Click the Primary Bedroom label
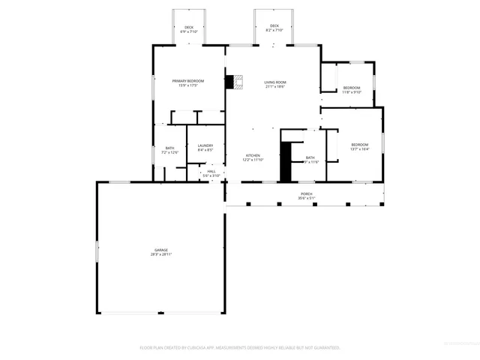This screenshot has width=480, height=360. [187, 81]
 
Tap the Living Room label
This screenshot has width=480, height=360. [275, 82]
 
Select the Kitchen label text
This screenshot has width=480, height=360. [252, 155]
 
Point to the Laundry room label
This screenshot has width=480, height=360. [205, 145]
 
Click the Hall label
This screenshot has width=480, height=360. [211, 171]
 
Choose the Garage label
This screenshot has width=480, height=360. [161, 250]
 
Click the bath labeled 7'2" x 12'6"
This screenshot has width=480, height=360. [170, 148]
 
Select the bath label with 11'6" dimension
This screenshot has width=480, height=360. [310, 157]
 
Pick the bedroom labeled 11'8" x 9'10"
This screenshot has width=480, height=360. [352, 88]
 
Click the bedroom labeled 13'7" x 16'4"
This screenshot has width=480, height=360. [360, 144]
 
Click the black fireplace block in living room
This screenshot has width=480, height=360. [229, 82]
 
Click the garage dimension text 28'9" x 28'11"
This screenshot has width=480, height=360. [161, 255]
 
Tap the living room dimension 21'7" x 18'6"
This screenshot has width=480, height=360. [275, 87]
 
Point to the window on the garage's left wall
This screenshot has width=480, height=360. [97, 250]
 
